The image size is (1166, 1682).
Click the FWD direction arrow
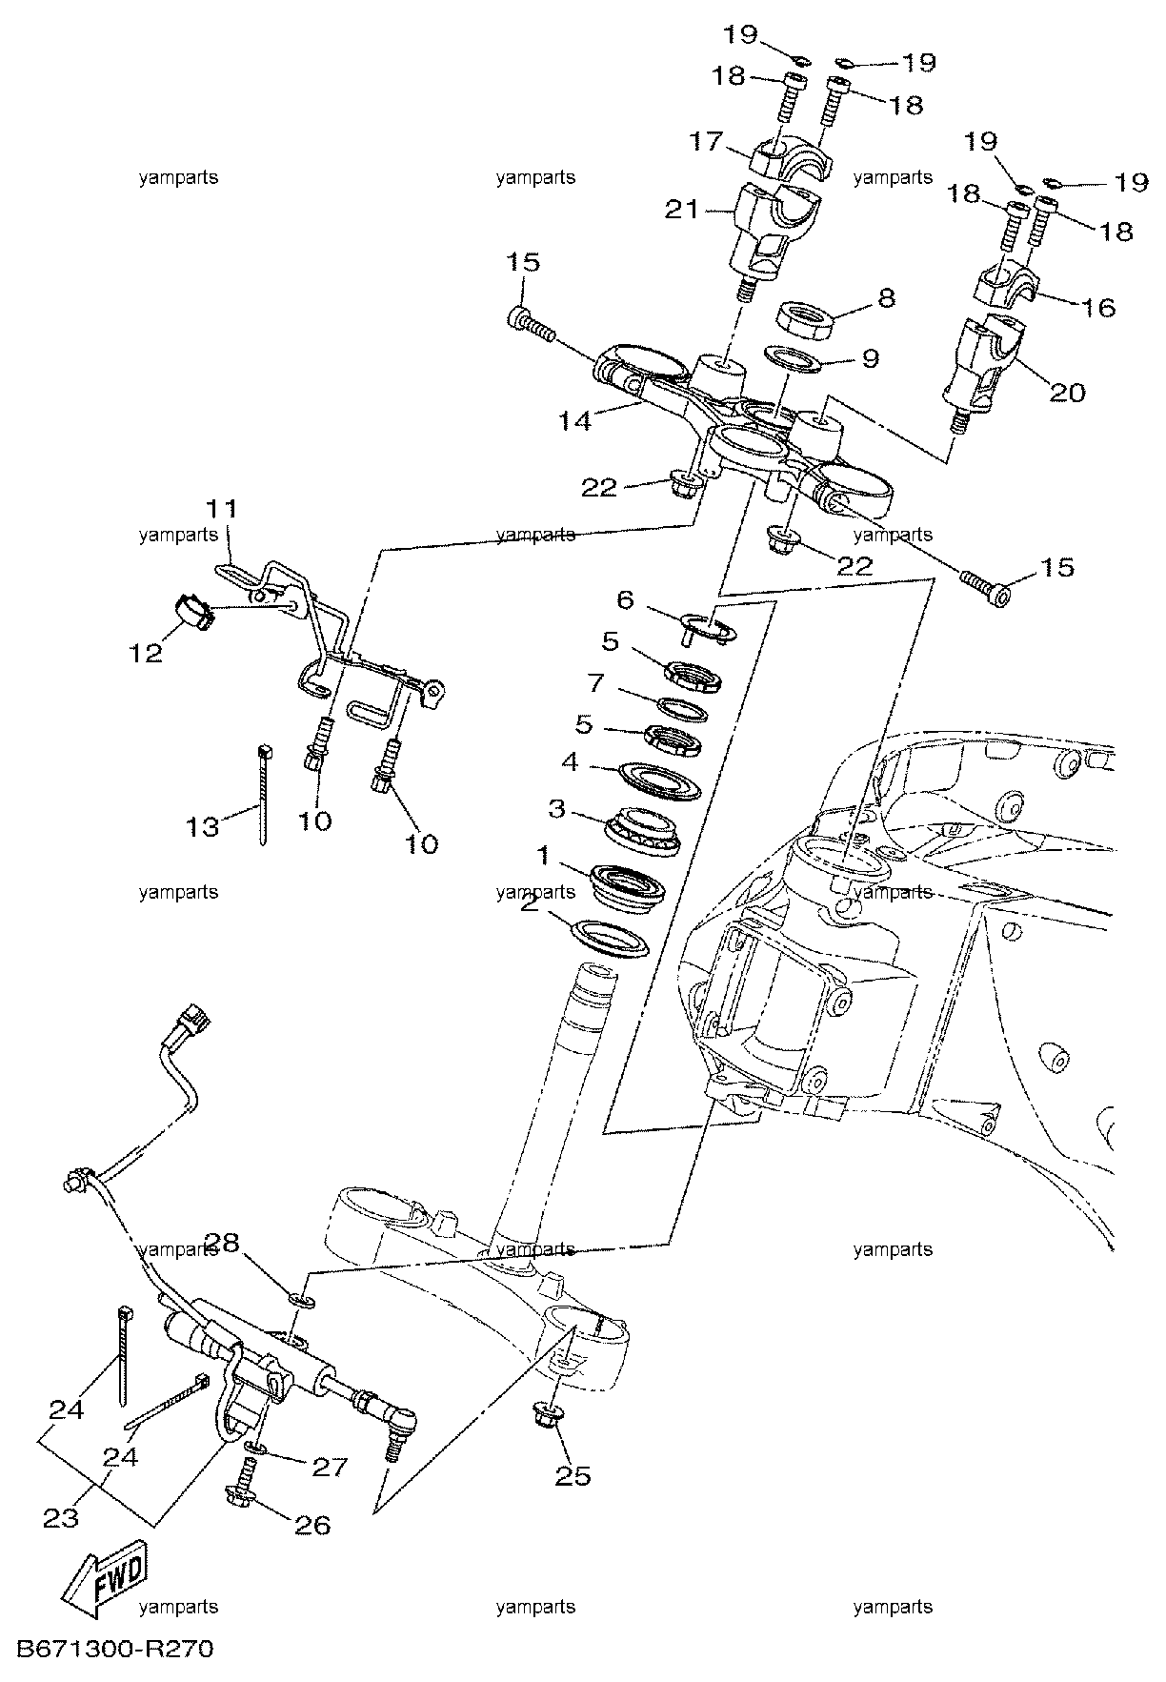[102, 1583]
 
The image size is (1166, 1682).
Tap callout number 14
[575, 420]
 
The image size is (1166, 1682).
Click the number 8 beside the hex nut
[886, 298]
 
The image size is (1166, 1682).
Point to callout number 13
[203, 826]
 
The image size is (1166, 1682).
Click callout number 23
[61, 1519]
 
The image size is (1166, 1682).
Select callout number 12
[147, 654]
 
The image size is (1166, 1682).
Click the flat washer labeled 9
[795, 360]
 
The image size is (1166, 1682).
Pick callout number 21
[682, 210]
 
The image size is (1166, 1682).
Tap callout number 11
[221, 507]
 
